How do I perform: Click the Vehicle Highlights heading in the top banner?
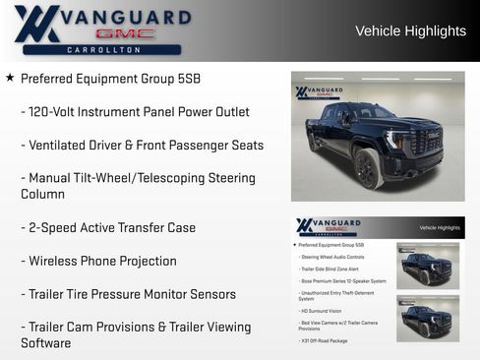(x=410, y=31)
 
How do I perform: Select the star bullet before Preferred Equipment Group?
(x=10, y=78)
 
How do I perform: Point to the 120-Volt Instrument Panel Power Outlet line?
(x=135, y=112)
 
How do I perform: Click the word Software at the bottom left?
(x=46, y=343)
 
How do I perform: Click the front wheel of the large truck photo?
(x=368, y=168)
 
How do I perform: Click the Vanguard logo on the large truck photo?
(x=319, y=92)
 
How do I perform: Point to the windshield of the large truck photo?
(x=363, y=114)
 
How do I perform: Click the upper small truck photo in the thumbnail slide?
(x=427, y=266)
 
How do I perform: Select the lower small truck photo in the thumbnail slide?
(x=427, y=317)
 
